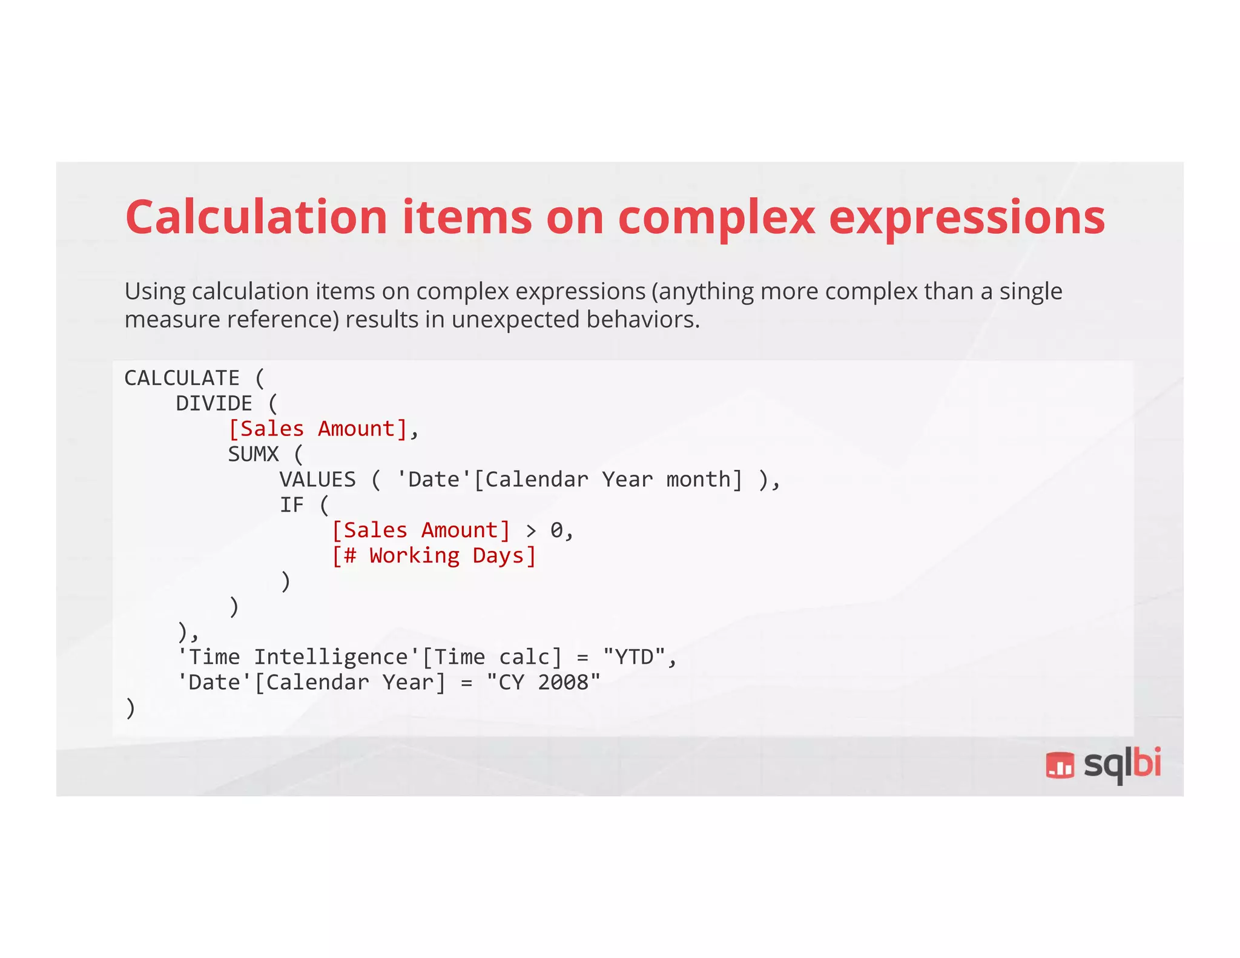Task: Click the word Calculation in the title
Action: pyautogui.click(x=256, y=217)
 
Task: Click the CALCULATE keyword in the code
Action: pyautogui.click(x=182, y=378)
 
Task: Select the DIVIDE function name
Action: pyautogui.click(x=214, y=403)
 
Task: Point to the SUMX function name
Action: pyautogui.click(x=253, y=454)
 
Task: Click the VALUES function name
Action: pyautogui.click(x=317, y=480)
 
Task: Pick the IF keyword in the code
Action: pyautogui.click(x=291, y=505)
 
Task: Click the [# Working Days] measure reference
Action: pyautogui.click(x=434, y=556)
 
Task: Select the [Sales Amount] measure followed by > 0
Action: pyautogui.click(x=421, y=530)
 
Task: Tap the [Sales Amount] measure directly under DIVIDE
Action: pyautogui.click(x=318, y=429)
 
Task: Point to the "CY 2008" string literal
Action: pyautogui.click(x=543, y=682)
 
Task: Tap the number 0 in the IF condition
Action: pyautogui.click(x=556, y=530)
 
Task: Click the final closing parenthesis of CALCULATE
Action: pyautogui.click(x=130, y=708)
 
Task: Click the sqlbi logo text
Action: pyautogui.click(x=1122, y=764)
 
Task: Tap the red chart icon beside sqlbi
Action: pyautogui.click(x=1060, y=765)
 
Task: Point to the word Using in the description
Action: pyautogui.click(x=155, y=292)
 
